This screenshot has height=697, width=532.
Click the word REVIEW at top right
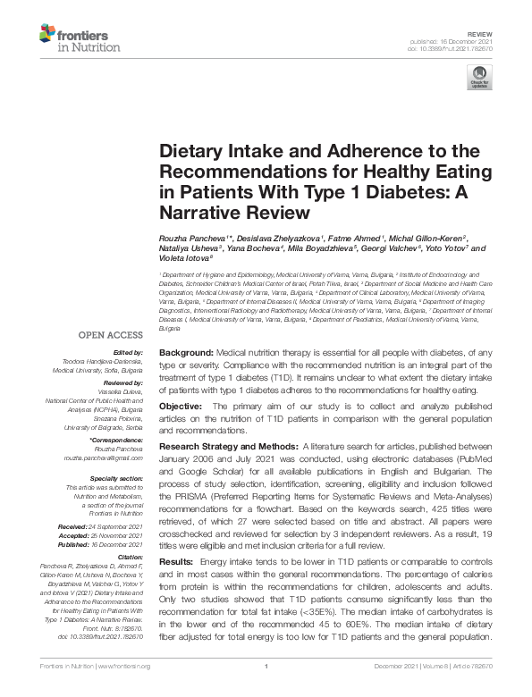tap(480, 32)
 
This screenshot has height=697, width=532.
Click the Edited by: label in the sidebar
tap(127, 353)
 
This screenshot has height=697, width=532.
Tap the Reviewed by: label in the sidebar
tap(121, 382)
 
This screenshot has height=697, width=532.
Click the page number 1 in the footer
tap(266, 689)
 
